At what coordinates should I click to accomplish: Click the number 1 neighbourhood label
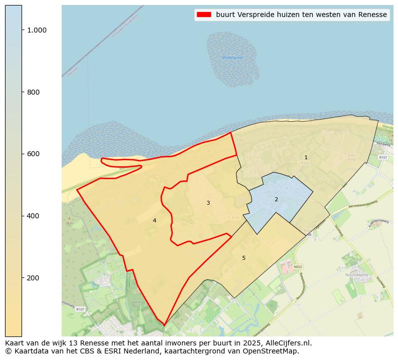tap(306, 158)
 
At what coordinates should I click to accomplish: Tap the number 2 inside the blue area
tap(276, 200)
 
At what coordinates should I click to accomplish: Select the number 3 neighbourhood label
tap(208, 203)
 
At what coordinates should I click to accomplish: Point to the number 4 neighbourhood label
tap(154, 220)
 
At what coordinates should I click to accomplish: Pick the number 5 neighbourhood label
tap(244, 258)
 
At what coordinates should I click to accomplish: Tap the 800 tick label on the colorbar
tap(34, 92)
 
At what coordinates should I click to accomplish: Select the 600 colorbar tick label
tap(34, 154)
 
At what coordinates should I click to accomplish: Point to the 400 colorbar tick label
tap(34, 216)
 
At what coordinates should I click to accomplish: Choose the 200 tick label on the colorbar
tap(34, 278)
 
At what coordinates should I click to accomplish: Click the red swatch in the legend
tap(205, 15)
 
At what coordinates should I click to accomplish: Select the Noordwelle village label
tap(357, 275)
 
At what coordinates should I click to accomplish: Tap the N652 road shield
tap(298, 267)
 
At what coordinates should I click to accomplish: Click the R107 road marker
tap(80, 309)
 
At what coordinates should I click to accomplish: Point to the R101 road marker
tap(383, 157)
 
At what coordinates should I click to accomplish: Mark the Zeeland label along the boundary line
tap(73, 72)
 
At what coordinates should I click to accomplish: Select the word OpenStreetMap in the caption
tap(274, 351)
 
